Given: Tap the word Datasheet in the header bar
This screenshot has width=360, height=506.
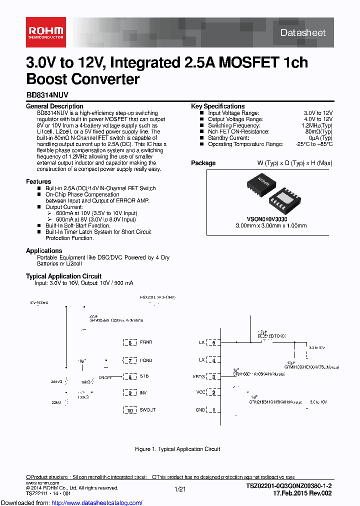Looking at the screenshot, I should [303, 33].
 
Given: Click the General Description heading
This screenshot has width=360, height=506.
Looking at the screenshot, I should [54, 106].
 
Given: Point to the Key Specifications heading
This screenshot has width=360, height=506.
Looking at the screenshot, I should [218, 106].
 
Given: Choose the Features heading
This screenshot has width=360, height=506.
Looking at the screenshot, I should [38, 181].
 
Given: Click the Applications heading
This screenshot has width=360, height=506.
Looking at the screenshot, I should [44, 250].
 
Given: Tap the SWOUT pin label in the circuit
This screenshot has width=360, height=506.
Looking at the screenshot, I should [147, 410].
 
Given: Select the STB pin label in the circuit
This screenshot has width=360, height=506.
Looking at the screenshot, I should [144, 376].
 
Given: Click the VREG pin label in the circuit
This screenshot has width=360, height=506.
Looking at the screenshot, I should [198, 376].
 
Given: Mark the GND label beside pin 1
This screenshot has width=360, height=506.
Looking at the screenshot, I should [200, 410].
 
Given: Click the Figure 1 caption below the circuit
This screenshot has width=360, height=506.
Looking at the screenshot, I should [177, 449].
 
